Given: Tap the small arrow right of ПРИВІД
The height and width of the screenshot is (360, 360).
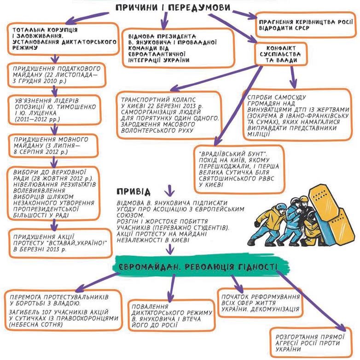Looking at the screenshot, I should click(x=169, y=190).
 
